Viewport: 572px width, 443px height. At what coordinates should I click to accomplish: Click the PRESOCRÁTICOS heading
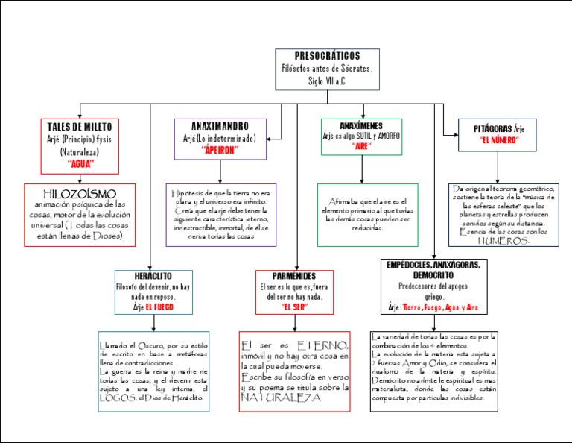click(327, 57)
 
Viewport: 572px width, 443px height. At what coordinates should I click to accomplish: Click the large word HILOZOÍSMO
click(80, 194)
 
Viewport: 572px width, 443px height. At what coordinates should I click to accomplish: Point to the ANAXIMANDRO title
click(220, 125)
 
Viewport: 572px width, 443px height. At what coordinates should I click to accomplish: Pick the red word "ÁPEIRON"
click(220, 149)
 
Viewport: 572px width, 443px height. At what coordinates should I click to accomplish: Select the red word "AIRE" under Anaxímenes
click(361, 146)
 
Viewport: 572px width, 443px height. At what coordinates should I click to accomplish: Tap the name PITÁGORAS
click(488, 129)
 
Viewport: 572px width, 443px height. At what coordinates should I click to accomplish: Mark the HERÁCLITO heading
click(153, 276)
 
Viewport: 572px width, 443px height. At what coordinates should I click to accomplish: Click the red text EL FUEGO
click(159, 307)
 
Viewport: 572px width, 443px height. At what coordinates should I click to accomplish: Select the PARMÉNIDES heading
click(293, 276)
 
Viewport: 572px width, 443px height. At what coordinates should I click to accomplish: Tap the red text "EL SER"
click(293, 307)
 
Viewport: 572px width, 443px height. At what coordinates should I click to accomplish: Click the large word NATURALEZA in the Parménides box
click(280, 398)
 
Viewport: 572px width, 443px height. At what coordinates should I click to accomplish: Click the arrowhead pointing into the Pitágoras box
click(459, 135)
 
